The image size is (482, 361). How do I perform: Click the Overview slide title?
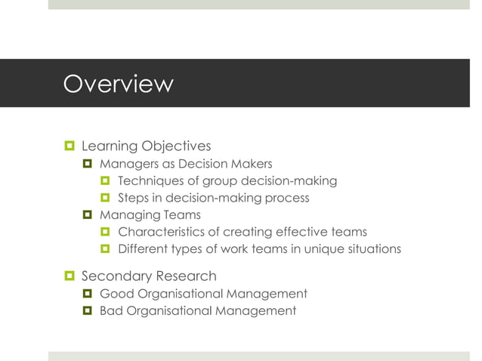coord(118,83)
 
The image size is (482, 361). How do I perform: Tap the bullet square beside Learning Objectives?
coord(69,146)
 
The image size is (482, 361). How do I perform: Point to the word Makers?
coord(251,164)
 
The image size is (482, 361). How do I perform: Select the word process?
coord(287,199)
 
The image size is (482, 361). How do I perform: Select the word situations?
coord(374,250)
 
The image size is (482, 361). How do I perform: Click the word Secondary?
coord(112,276)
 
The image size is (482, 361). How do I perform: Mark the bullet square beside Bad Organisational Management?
coord(87,311)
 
